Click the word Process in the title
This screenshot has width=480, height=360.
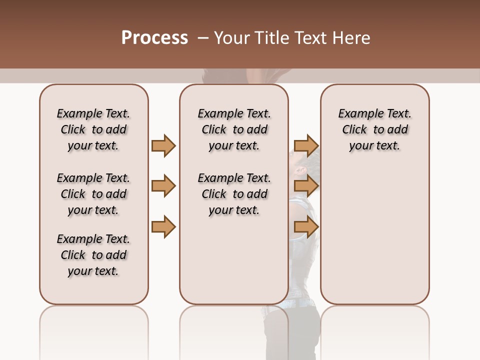tap(154, 38)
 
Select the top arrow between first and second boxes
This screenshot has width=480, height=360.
tap(163, 145)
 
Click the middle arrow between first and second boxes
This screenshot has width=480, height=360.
tap(163, 186)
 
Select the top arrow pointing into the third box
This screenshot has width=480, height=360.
tap(305, 145)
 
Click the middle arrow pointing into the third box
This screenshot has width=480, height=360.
tap(305, 186)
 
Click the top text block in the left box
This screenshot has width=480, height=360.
tap(93, 129)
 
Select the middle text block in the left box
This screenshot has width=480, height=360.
tap(93, 194)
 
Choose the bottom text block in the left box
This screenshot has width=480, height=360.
tap(93, 255)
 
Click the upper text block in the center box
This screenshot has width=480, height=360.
tap(234, 129)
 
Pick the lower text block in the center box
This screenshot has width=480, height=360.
tap(234, 194)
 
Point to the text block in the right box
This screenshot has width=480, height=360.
tap(374, 129)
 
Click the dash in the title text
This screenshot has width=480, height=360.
tap(203, 38)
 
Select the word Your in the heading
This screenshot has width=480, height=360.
tap(232, 38)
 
